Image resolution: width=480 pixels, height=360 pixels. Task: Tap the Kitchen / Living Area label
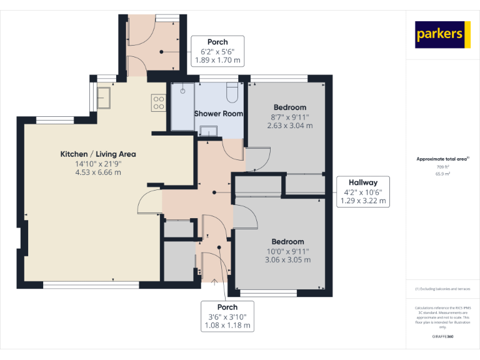pos(97,154)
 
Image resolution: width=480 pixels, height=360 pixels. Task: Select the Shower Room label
pos(218,114)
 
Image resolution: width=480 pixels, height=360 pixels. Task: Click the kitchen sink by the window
pos(103,97)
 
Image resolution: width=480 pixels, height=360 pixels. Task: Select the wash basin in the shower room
pos(208,130)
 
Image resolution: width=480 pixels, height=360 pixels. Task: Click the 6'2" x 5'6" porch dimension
pos(217,52)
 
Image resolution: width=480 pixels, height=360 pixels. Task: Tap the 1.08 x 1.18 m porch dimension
pos(227,325)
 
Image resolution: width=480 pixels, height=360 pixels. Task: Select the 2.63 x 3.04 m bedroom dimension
pos(289,126)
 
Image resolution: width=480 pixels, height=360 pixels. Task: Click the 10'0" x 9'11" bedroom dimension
pos(287,251)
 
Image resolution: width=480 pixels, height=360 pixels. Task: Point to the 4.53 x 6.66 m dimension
pos(97,172)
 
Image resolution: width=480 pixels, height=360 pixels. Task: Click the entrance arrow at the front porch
pos(214,283)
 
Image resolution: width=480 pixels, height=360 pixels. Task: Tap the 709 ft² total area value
pos(442,167)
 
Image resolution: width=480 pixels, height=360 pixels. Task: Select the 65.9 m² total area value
pos(442,174)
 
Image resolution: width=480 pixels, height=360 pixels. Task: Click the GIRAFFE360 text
pos(442,337)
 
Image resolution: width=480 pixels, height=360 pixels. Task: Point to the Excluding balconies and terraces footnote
pos(442,289)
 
